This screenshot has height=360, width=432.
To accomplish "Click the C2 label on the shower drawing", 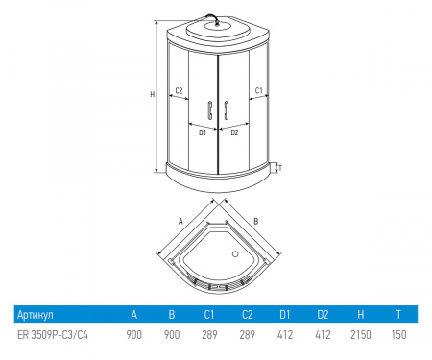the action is tap(180, 91).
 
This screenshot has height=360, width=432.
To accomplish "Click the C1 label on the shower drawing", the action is tap(258, 91).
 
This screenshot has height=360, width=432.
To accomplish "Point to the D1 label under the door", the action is tap(203, 132).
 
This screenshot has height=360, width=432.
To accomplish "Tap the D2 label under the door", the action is tap(234, 132).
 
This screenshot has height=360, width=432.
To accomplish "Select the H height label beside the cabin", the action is tap(153, 94).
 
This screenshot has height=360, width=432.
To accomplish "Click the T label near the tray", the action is tap(280, 168).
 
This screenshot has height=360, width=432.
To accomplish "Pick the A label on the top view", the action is tap(180, 221).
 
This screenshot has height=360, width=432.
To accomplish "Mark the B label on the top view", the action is tap(256, 221).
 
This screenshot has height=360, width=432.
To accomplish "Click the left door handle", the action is tap(210, 110).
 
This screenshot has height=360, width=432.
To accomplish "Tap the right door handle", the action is tap(227, 110).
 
